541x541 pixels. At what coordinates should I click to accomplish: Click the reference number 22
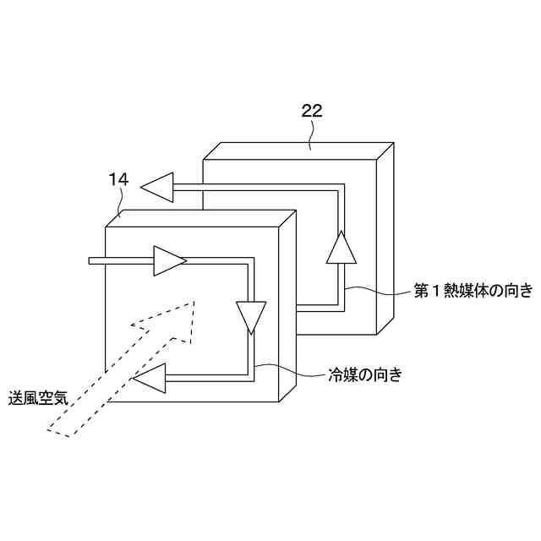click(311, 110)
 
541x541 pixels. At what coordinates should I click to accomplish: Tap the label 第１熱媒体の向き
click(473, 292)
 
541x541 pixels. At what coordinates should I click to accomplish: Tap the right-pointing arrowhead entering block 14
click(168, 261)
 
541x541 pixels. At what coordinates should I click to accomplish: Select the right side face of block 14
click(287, 313)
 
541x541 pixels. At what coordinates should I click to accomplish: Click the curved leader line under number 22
click(312, 131)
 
